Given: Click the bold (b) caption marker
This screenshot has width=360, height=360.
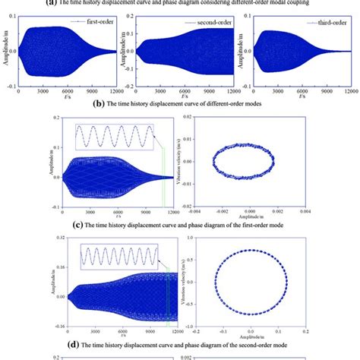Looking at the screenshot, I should coord(96,107).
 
